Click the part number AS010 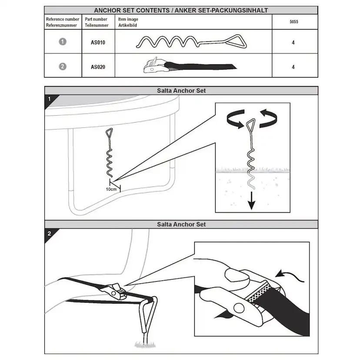tap(98, 43)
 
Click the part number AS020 tap(98, 67)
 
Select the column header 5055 tap(293, 21)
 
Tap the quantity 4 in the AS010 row tap(293, 43)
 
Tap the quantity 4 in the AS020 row tap(293, 67)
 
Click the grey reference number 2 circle tap(63, 67)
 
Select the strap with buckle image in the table tap(189, 67)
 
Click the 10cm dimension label tap(112, 189)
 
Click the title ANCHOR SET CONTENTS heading tap(180, 10)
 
